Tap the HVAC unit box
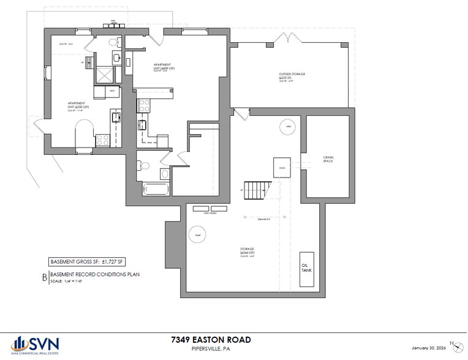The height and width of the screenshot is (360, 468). click(282, 167)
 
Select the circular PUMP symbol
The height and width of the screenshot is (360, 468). click(198, 234)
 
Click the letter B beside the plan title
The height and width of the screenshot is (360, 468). click(44, 277)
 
